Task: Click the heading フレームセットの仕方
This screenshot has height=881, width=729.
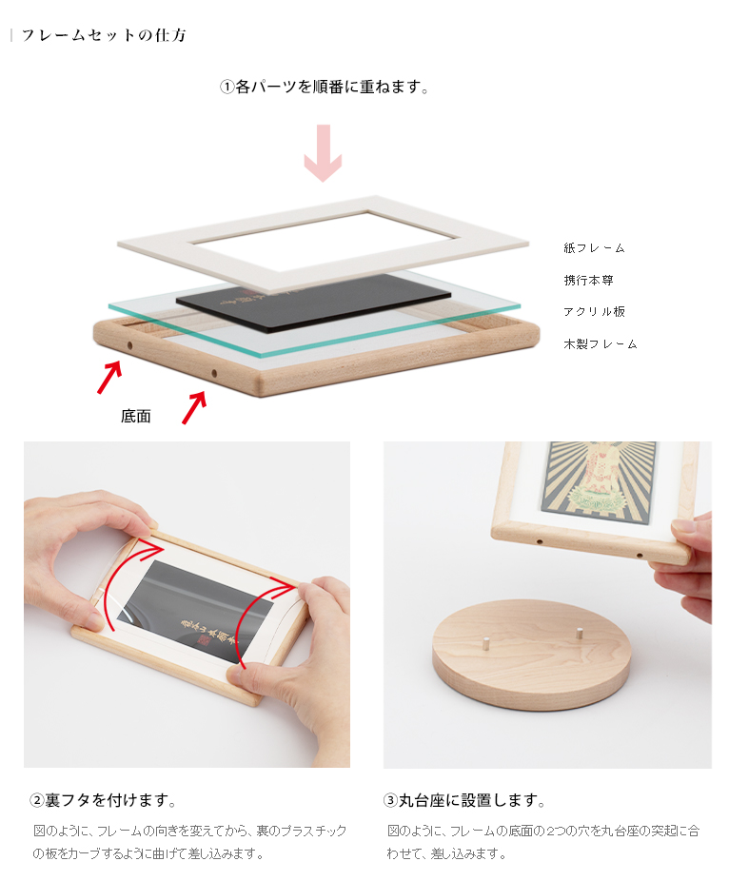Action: (104, 35)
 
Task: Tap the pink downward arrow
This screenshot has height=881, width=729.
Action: (324, 153)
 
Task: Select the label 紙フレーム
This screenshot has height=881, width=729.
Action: (594, 247)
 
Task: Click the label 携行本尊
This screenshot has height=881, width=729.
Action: (588, 280)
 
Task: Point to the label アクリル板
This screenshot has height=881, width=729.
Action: (594, 311)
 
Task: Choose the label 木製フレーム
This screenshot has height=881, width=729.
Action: (601, 343)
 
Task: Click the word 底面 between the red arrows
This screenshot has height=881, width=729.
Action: (135, 417)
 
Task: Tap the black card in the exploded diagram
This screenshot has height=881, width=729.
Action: (313, 302)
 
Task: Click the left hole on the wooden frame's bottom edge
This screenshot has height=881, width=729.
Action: (129, 345)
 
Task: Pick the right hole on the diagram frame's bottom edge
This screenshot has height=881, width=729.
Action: (214, 373)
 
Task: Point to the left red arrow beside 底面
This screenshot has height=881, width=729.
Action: (109, 377)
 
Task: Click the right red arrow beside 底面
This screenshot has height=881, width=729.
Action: (194, 408)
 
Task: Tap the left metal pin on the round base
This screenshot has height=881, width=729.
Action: (484, 643)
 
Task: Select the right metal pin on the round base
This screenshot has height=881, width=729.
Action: (579, 634)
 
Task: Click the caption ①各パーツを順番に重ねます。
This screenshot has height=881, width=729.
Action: (325, 88)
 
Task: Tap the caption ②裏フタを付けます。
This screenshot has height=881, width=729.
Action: (103, 800)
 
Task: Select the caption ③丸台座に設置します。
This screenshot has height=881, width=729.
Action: (464, 800)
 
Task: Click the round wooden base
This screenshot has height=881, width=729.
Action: (531, 655)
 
